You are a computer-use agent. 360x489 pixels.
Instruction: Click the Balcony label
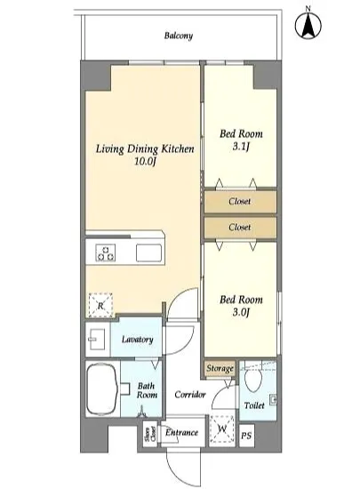(x=179, y=36)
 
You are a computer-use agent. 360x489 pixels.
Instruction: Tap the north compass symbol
(x=308, y=25)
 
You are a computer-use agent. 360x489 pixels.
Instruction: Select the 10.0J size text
(x=144, y=162)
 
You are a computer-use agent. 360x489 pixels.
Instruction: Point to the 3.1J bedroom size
(x=241, y=147)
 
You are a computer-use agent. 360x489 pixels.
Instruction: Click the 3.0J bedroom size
(x=241, y=312)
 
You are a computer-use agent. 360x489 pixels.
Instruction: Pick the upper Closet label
(x=239, y=202)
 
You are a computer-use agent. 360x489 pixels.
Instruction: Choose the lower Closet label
(x=239, y=227)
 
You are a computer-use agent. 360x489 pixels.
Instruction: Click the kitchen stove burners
(x=106, y=253)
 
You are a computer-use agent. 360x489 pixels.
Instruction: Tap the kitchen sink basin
(x=148, y=253)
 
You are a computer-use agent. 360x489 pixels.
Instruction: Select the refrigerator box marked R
(x=100, y=305)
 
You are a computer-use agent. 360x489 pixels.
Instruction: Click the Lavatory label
(x=137, y=340)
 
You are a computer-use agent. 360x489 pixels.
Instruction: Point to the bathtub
(x=102, y=389)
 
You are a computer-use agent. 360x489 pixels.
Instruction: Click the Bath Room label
(x=147, y=390)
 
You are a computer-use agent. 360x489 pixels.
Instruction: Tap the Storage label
(x=220, y=369)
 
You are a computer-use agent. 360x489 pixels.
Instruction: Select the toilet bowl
(x=252, y=381)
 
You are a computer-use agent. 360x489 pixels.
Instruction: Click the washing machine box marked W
(x=222, y=429)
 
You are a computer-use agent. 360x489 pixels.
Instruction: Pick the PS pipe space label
(x=246, y=436)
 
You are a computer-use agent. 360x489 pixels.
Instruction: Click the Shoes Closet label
(x=150, y=434)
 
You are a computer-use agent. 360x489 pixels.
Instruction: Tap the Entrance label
(x=181, y=433)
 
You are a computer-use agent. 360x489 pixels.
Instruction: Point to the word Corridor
(x=190, y=395)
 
